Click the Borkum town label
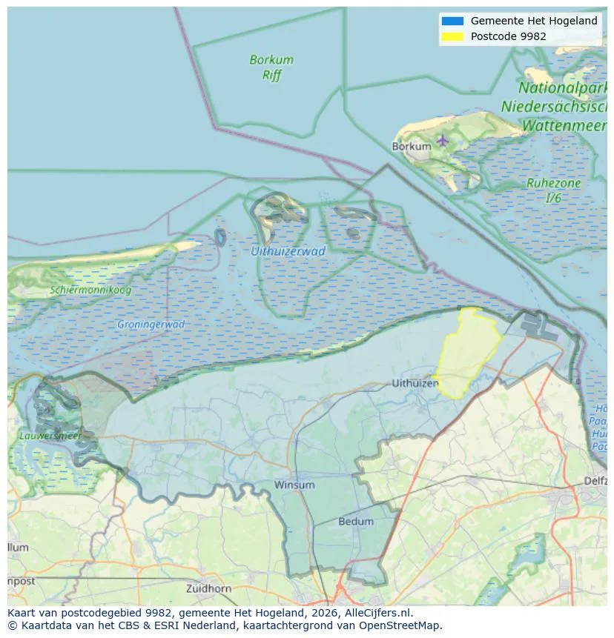pyautogui.click(x=411, y=146)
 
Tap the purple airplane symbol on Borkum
pyautogui.click(x=443, y=140)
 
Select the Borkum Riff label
pyautogui.click(x=271, y=67)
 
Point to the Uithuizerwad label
pyautogui.click(x=288, y=251)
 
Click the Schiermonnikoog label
pyautogui.click(x=90, y=290)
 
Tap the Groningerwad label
pyautogui.click(x=151, y=324)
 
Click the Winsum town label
pyautogui.click(x=294, y=485)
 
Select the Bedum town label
pyautogui.click(x=356, y=521)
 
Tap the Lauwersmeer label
pyautogui.click(x=50, y=436)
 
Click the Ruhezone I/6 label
pyautogui.click(x=553, y=190)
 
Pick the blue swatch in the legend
pyautogui.click(x=452, y=21)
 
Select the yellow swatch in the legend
pyautogui.click(x=452, y=36)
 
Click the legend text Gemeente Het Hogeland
pyautogui.click(x=533, y=21)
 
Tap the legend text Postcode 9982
pyautogui.click(x=508, y=36)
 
